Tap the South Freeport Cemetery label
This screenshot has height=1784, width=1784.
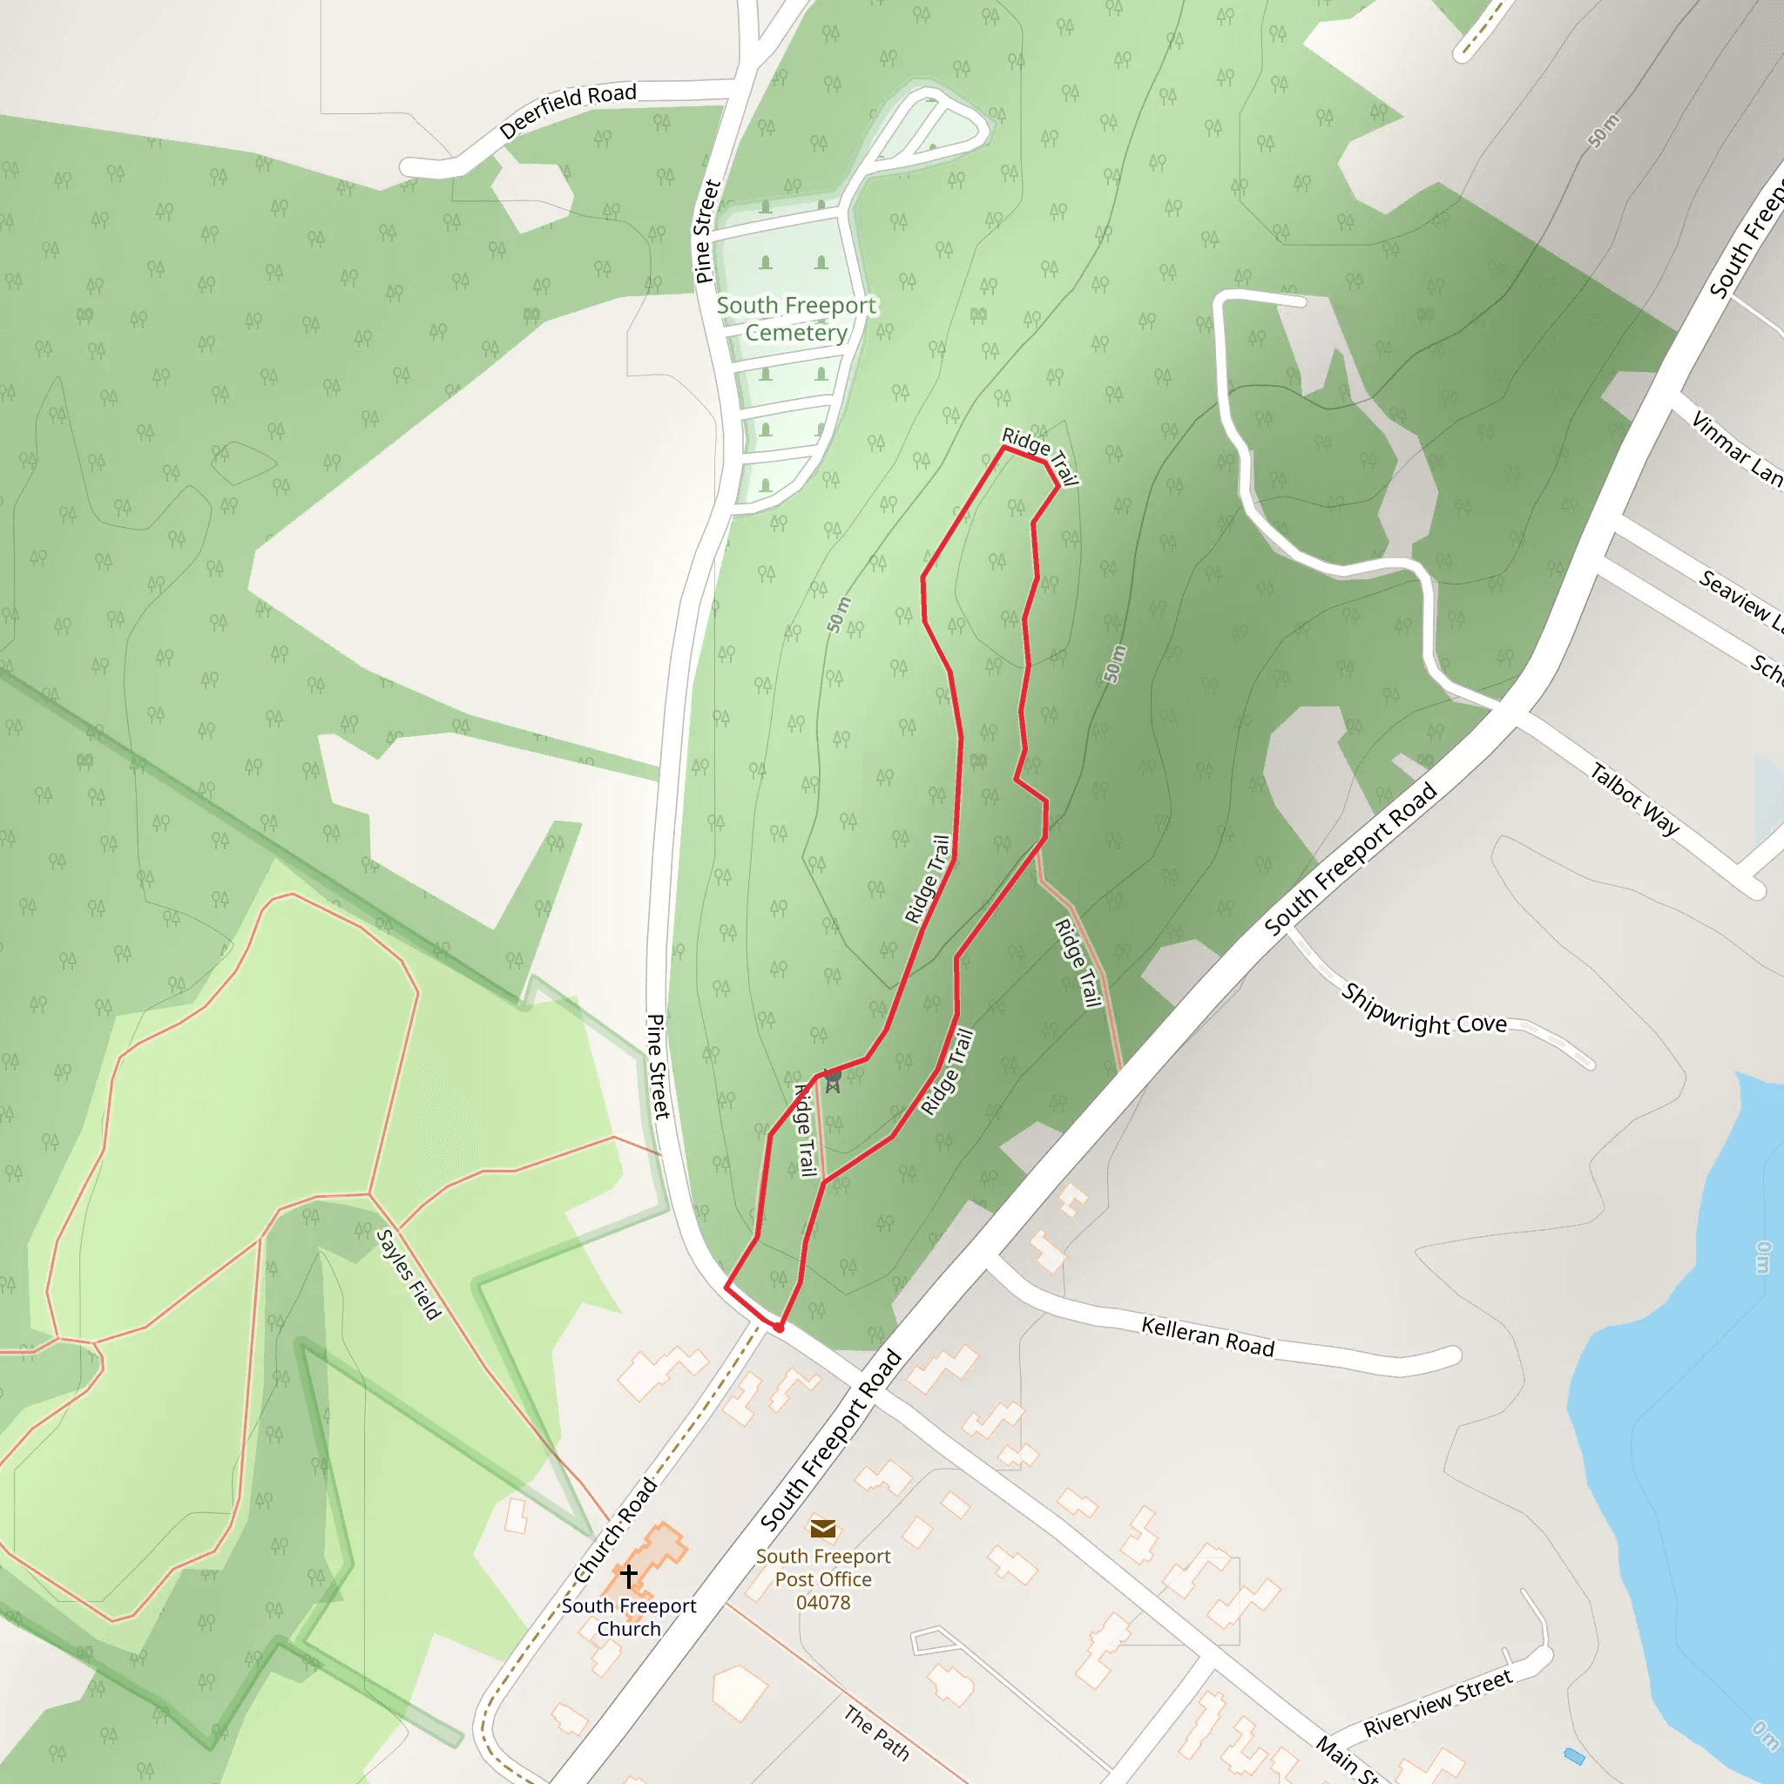(x=796, y=319)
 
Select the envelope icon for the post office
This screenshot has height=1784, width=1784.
(x=822, y=1528)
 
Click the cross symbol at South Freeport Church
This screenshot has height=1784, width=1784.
(x=629, y=1574)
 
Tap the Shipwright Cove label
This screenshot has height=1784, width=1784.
(x=1423, y=1010)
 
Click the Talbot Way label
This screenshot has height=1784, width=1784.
(x=1634, y=799)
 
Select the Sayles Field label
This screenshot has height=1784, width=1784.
(x=409, y=1274)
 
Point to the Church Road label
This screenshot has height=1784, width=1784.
(x=615, y=1530)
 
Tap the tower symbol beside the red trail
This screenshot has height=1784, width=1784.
(x=832, y=1080)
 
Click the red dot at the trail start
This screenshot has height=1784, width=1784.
(x=779, y=1327)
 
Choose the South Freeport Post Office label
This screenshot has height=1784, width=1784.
(x=822, y=1567)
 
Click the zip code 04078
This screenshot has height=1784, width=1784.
(x=822, y=1602)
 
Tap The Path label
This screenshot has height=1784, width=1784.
(x=876, y=1733)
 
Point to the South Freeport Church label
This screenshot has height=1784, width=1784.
(x=629, y=1617)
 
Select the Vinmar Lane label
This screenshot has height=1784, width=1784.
(x=1735, y=448)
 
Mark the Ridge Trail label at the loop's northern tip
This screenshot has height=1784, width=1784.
(x=1041, y=456)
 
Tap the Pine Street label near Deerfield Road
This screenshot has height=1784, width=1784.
(x=706, y=231)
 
